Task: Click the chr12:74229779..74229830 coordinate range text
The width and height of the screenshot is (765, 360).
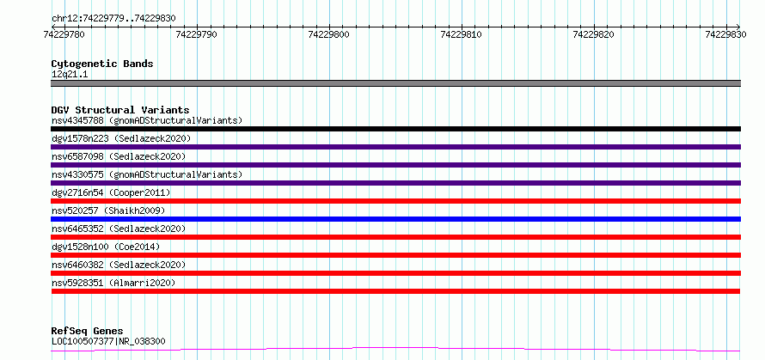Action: (113, 19)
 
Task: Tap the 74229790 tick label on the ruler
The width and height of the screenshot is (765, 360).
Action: (197, 35)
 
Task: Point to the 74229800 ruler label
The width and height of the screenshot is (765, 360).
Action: (329, 35)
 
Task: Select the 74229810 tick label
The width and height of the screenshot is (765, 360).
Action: (462, 35)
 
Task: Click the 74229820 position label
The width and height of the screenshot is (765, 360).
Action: (594, 35)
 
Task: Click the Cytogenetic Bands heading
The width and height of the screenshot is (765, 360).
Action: (102, 64)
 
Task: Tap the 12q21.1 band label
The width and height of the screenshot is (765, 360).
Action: (70, 75)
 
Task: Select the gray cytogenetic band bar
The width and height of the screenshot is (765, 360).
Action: (395, 83)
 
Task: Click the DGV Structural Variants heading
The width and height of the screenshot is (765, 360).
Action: (120, 110)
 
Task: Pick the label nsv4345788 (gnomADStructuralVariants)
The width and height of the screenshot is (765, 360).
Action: (147, 120)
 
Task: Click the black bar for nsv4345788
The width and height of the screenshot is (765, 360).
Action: (395, 129)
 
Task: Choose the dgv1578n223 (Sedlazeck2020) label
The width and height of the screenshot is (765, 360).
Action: (121, 138)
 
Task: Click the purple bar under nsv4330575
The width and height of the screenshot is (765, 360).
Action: (395, 183)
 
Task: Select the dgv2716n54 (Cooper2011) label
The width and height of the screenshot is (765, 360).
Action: (111, 192)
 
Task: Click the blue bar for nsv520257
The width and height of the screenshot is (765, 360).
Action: (395, 219)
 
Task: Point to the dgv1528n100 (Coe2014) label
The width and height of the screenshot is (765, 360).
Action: (106, 247)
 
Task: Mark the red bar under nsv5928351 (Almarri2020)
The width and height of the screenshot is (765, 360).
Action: (395, 291)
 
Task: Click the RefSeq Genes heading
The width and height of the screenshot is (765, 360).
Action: (88, 332)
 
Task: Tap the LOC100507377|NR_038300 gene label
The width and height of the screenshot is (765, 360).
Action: (108, 341)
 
